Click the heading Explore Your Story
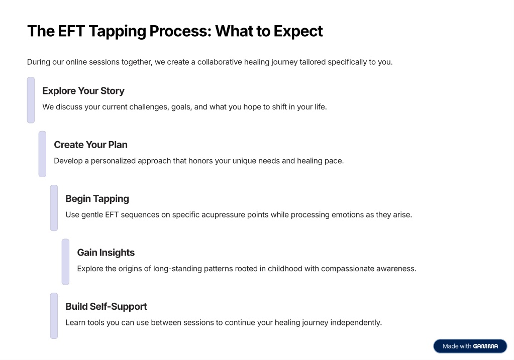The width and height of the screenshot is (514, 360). tap(83, 91)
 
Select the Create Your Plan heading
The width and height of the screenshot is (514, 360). tap(90, 145)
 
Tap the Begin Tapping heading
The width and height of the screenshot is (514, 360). tap(97, 199)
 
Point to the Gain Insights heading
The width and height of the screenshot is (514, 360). tap(106, 253)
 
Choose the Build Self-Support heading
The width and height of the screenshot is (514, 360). tap(106, 307)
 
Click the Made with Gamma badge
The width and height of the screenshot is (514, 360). tap(470, 346)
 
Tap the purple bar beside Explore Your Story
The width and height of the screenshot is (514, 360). tap(31, 100)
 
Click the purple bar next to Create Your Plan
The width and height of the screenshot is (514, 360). tap(42, 154)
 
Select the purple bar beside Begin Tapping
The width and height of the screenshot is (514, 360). tap(54, 208)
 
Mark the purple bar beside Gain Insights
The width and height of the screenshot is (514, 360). tap(65, 262)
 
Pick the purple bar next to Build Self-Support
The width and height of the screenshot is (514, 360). tap(54, 316)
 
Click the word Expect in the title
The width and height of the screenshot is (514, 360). tap(298, 32)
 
